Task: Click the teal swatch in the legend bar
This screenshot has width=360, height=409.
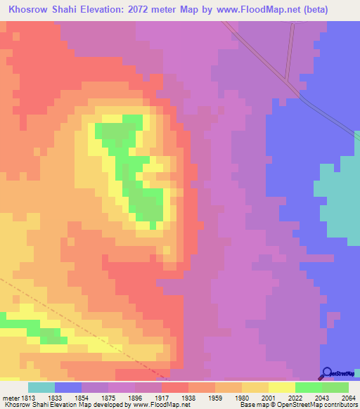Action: click(x=41, y=387)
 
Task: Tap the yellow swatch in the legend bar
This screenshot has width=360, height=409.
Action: click(x=281, y=387)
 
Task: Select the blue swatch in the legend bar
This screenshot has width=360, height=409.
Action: click(x=68, y=387)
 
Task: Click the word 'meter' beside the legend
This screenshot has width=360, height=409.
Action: click(x=11, y=397)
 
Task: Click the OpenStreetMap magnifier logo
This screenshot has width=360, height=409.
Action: click(x=326, y=374)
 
